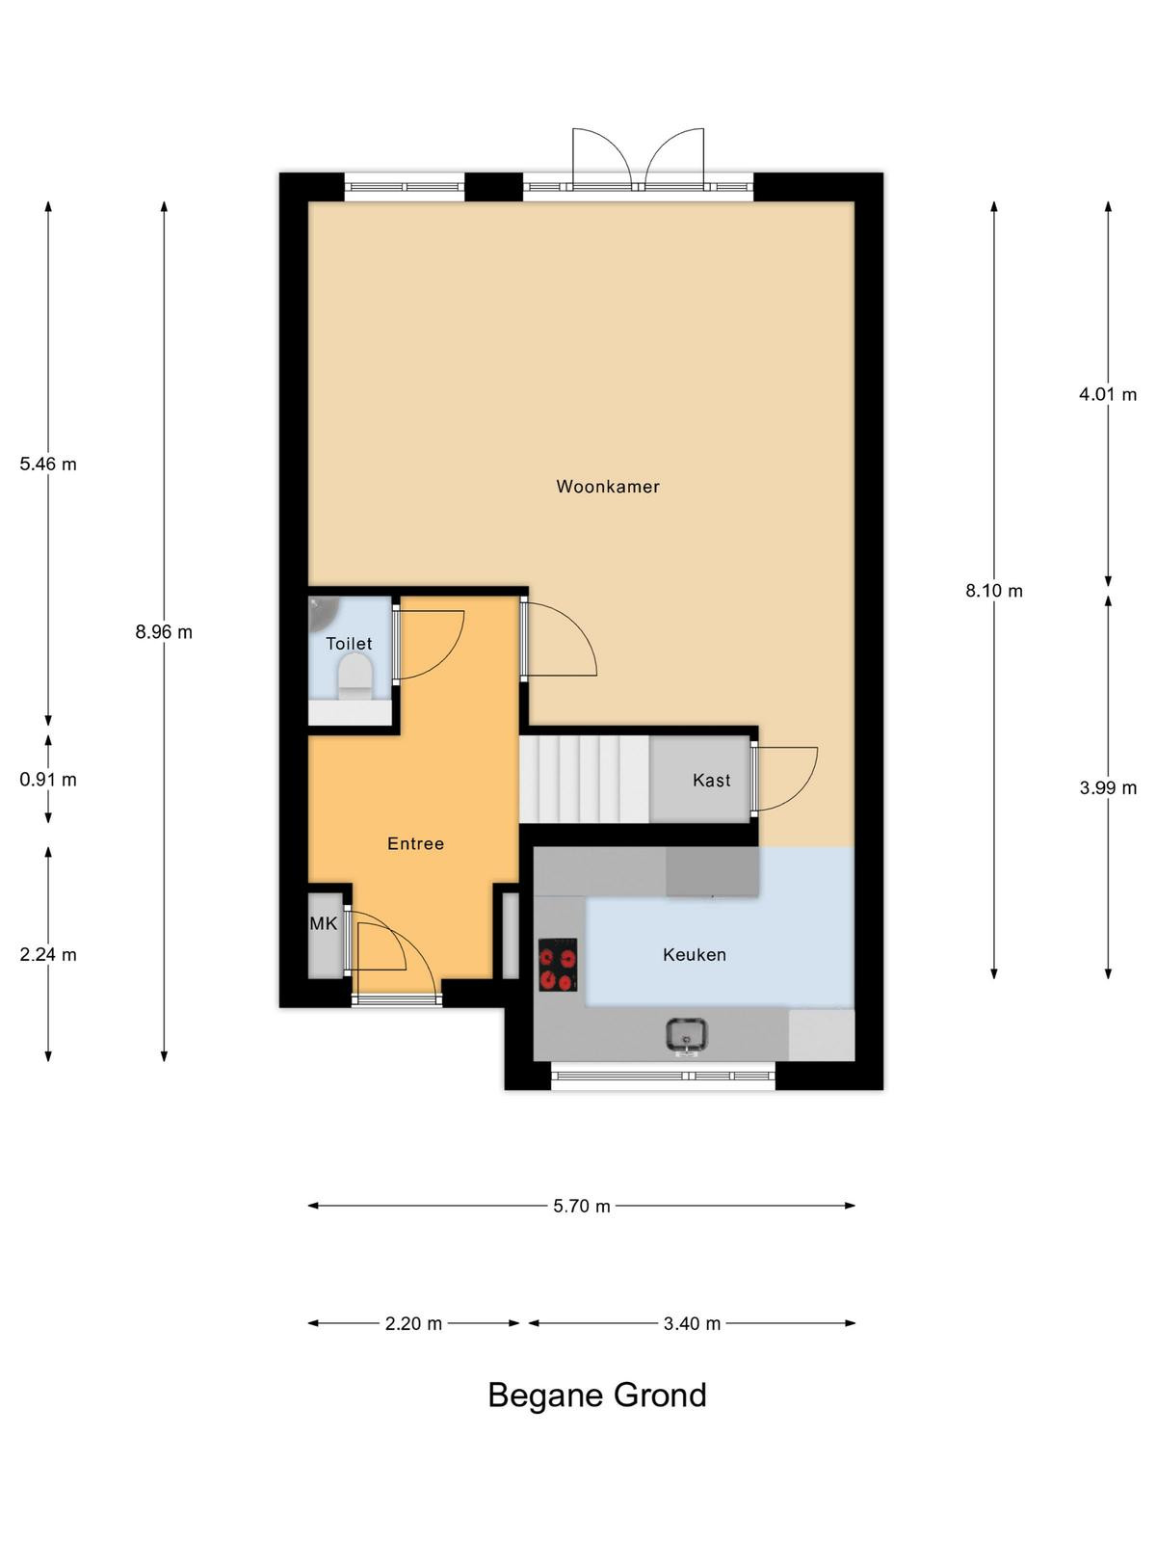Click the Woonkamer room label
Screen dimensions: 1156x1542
point(607,486)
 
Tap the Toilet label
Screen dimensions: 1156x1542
point(349,643)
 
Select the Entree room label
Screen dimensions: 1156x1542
point(415,843)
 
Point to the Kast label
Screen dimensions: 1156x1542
point(711,780)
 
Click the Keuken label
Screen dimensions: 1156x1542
point(695,954)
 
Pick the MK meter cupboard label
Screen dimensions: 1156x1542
point(324,923)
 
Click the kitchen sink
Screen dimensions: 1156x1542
point(686,1036)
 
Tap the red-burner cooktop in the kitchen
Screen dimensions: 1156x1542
point(558,965)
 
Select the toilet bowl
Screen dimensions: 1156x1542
point(355,677)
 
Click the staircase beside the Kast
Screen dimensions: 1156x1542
point(584,779)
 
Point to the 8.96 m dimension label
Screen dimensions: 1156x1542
point(164,631)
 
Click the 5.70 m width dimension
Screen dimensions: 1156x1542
point(581,1206)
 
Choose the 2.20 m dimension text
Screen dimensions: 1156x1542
point(413,1323)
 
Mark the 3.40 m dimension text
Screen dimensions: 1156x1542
point(692,1323)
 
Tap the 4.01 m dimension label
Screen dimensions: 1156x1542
point(1108,394)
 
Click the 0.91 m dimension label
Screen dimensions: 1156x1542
point(48,779)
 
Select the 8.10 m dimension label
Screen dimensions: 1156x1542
point(994,591)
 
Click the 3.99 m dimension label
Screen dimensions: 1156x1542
point(1108,787)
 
